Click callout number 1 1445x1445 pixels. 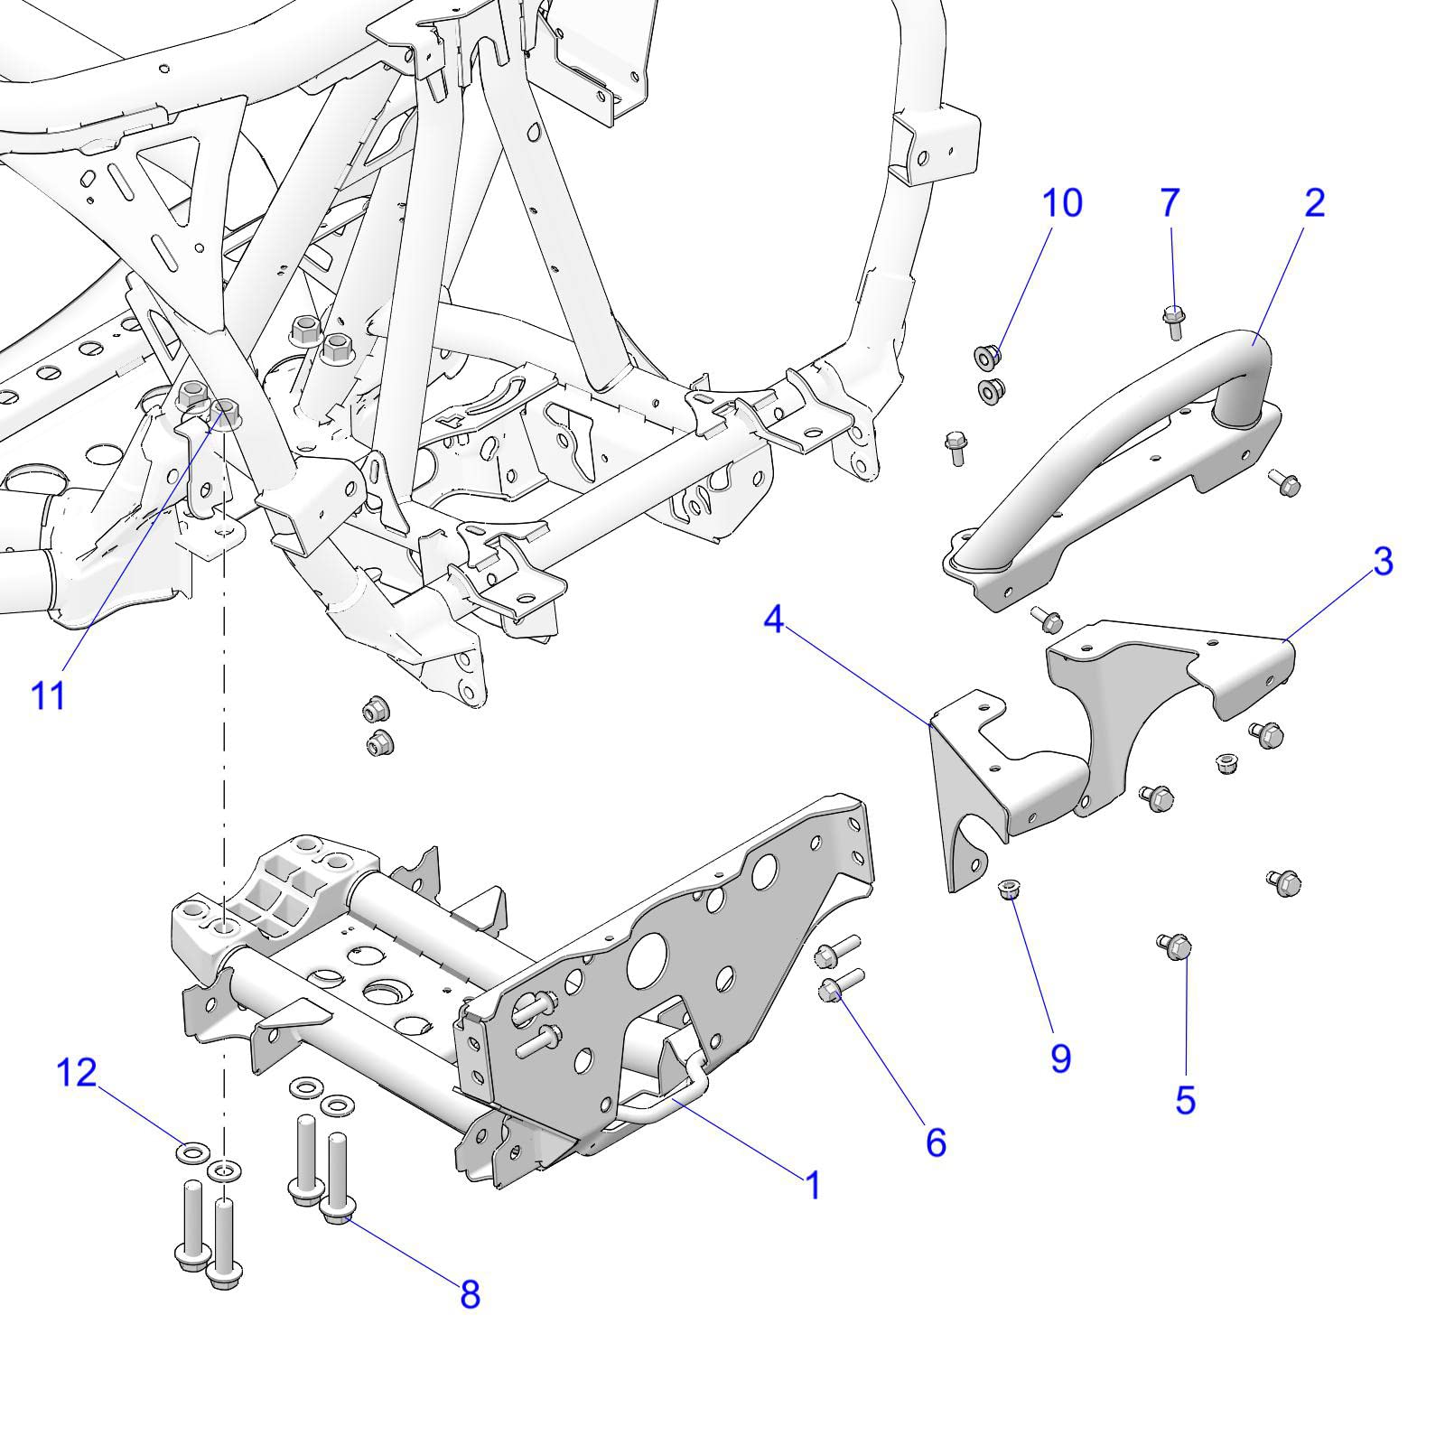(x=813, y=1184)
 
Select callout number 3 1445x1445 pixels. (x=1383, y=562)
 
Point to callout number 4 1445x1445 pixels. (x=773, y=620)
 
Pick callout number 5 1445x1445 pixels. (x=1185, y=1100)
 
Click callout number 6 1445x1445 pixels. (x=936, y=1142)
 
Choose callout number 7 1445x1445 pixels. (x=1170, y=203)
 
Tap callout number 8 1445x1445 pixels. (x=470, y=1295)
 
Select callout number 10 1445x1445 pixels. (x=1062, y=203)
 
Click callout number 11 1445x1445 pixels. (x=49, y=695)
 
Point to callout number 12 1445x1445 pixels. (x=76, y=1073)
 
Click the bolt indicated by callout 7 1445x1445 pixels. (x=1173, y=321)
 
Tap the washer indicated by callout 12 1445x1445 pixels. (x=192, y=1152)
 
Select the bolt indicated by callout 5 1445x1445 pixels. (x=1174, y=946)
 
